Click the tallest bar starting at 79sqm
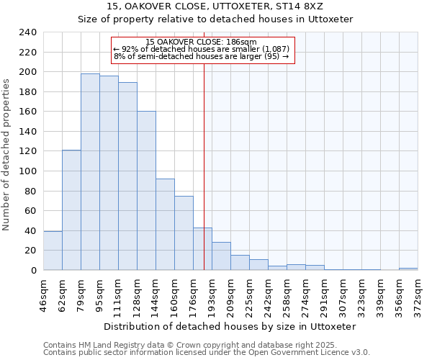(x=90, y=172)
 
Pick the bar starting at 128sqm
(x=146, y=191)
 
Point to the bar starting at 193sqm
(x=221, y=256)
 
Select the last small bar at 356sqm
(x=408, y=269)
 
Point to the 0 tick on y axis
(x=33, y=271)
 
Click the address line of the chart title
(x=215, y=6)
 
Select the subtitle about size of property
(x=215, y=19)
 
